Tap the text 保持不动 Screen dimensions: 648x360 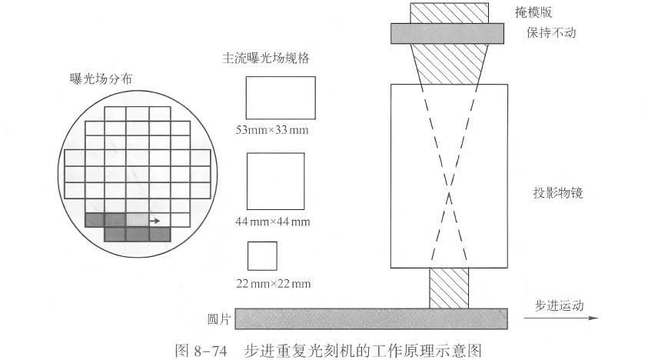[550, 33]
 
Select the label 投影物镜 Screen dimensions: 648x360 [557, 192]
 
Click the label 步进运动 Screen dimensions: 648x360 [560, 305]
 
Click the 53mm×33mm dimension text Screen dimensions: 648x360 [272, 128]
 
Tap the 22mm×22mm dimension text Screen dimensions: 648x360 [274, 284]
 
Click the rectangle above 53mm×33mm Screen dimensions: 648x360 [280, 97]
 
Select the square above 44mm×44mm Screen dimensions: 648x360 [275, 181]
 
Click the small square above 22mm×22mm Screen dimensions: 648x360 [261, 255]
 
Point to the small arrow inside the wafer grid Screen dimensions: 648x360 [155, 221]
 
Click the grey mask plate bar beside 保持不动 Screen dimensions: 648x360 [447, 33]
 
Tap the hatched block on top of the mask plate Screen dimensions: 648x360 [449, 12]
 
